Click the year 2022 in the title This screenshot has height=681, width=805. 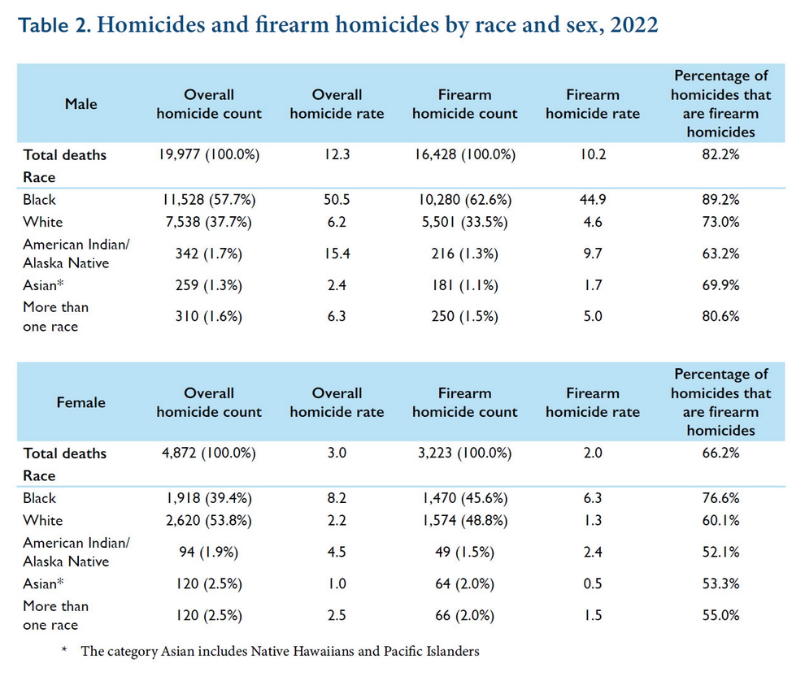(634, 24)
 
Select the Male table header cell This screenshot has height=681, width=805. (81, 104)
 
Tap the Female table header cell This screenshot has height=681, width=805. (81, 402)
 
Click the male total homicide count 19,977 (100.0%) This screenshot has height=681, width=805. (209, 154)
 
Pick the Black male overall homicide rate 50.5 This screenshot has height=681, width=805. (337, 200)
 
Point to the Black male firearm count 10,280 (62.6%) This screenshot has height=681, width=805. (465, 200)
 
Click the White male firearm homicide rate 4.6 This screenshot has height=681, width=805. (593, 222)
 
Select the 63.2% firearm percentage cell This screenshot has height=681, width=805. (720, 254)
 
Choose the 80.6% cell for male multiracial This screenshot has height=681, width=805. (720, 316)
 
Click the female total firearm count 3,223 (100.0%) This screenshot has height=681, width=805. (465, 453)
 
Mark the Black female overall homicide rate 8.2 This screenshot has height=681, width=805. (337, 498)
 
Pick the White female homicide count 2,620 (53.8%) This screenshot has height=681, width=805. (209, 521)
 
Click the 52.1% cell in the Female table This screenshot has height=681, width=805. (720, 552)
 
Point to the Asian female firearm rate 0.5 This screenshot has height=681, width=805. (593, 583)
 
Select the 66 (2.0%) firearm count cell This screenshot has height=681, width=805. (465, 615)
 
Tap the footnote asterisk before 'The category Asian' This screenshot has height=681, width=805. (64, 649)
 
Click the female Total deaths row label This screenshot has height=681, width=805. (65, 453)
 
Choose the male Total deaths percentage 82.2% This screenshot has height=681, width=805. (720, 154)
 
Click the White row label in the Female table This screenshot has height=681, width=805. (43, 521)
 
